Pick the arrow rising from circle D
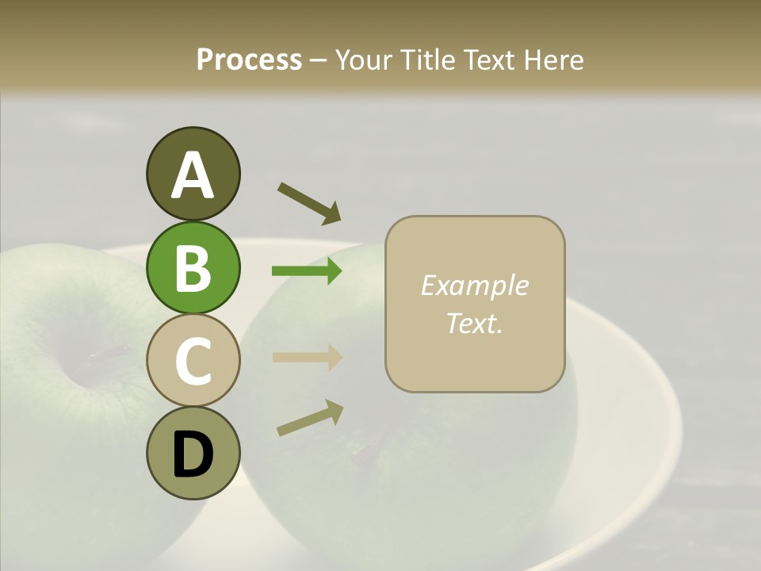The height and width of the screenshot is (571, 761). click(310, 418)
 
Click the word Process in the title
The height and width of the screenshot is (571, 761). click(249, 59)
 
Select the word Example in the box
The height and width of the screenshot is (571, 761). click(474, 285)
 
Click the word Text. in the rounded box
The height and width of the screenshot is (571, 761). click(474, 323)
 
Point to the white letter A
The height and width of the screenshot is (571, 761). click(193, 176)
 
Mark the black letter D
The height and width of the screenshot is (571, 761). click(193, 455)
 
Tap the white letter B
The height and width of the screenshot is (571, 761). click(193, 268)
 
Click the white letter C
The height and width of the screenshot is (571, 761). click(193, 362)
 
